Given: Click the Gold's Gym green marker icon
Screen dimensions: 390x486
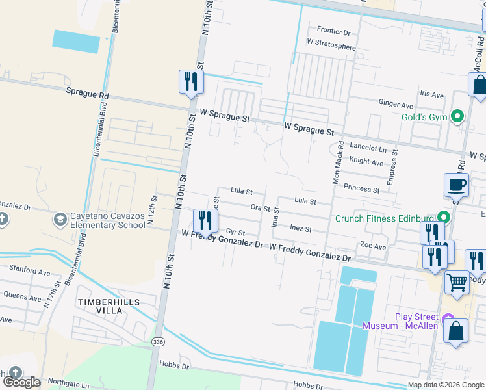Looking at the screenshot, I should pos(458,117).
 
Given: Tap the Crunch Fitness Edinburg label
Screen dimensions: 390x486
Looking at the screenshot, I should pos(384,218).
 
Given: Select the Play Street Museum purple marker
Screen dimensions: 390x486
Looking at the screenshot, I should pos(448,319).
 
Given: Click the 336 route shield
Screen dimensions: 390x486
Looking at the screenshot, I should pos(157,341).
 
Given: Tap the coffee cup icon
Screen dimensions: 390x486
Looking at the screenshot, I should pos(456,185).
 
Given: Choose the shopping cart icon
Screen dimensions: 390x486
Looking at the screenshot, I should pos(457,282).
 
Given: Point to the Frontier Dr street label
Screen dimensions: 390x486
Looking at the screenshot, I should pos(333,31).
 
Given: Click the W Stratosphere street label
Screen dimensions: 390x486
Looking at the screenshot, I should pos(331,47).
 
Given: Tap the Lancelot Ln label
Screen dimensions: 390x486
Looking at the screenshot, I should pos(368,148).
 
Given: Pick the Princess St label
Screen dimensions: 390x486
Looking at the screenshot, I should pos(361,189).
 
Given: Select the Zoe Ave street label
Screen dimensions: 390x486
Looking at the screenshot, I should pos(374,246).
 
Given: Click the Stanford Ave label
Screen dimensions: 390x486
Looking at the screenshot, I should pos(29,267).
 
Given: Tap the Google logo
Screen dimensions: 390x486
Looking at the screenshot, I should pos(22,382).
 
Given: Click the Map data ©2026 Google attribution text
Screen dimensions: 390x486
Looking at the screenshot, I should pos(446,385).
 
